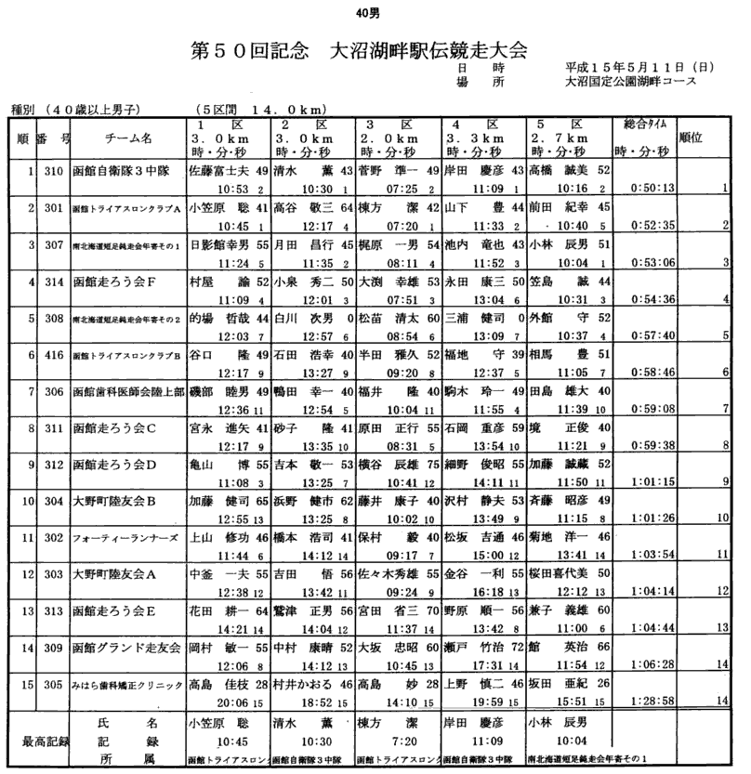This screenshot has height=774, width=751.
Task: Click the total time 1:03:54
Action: [x=641, y=553]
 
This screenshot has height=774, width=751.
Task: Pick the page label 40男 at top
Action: [x=368, y=13]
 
